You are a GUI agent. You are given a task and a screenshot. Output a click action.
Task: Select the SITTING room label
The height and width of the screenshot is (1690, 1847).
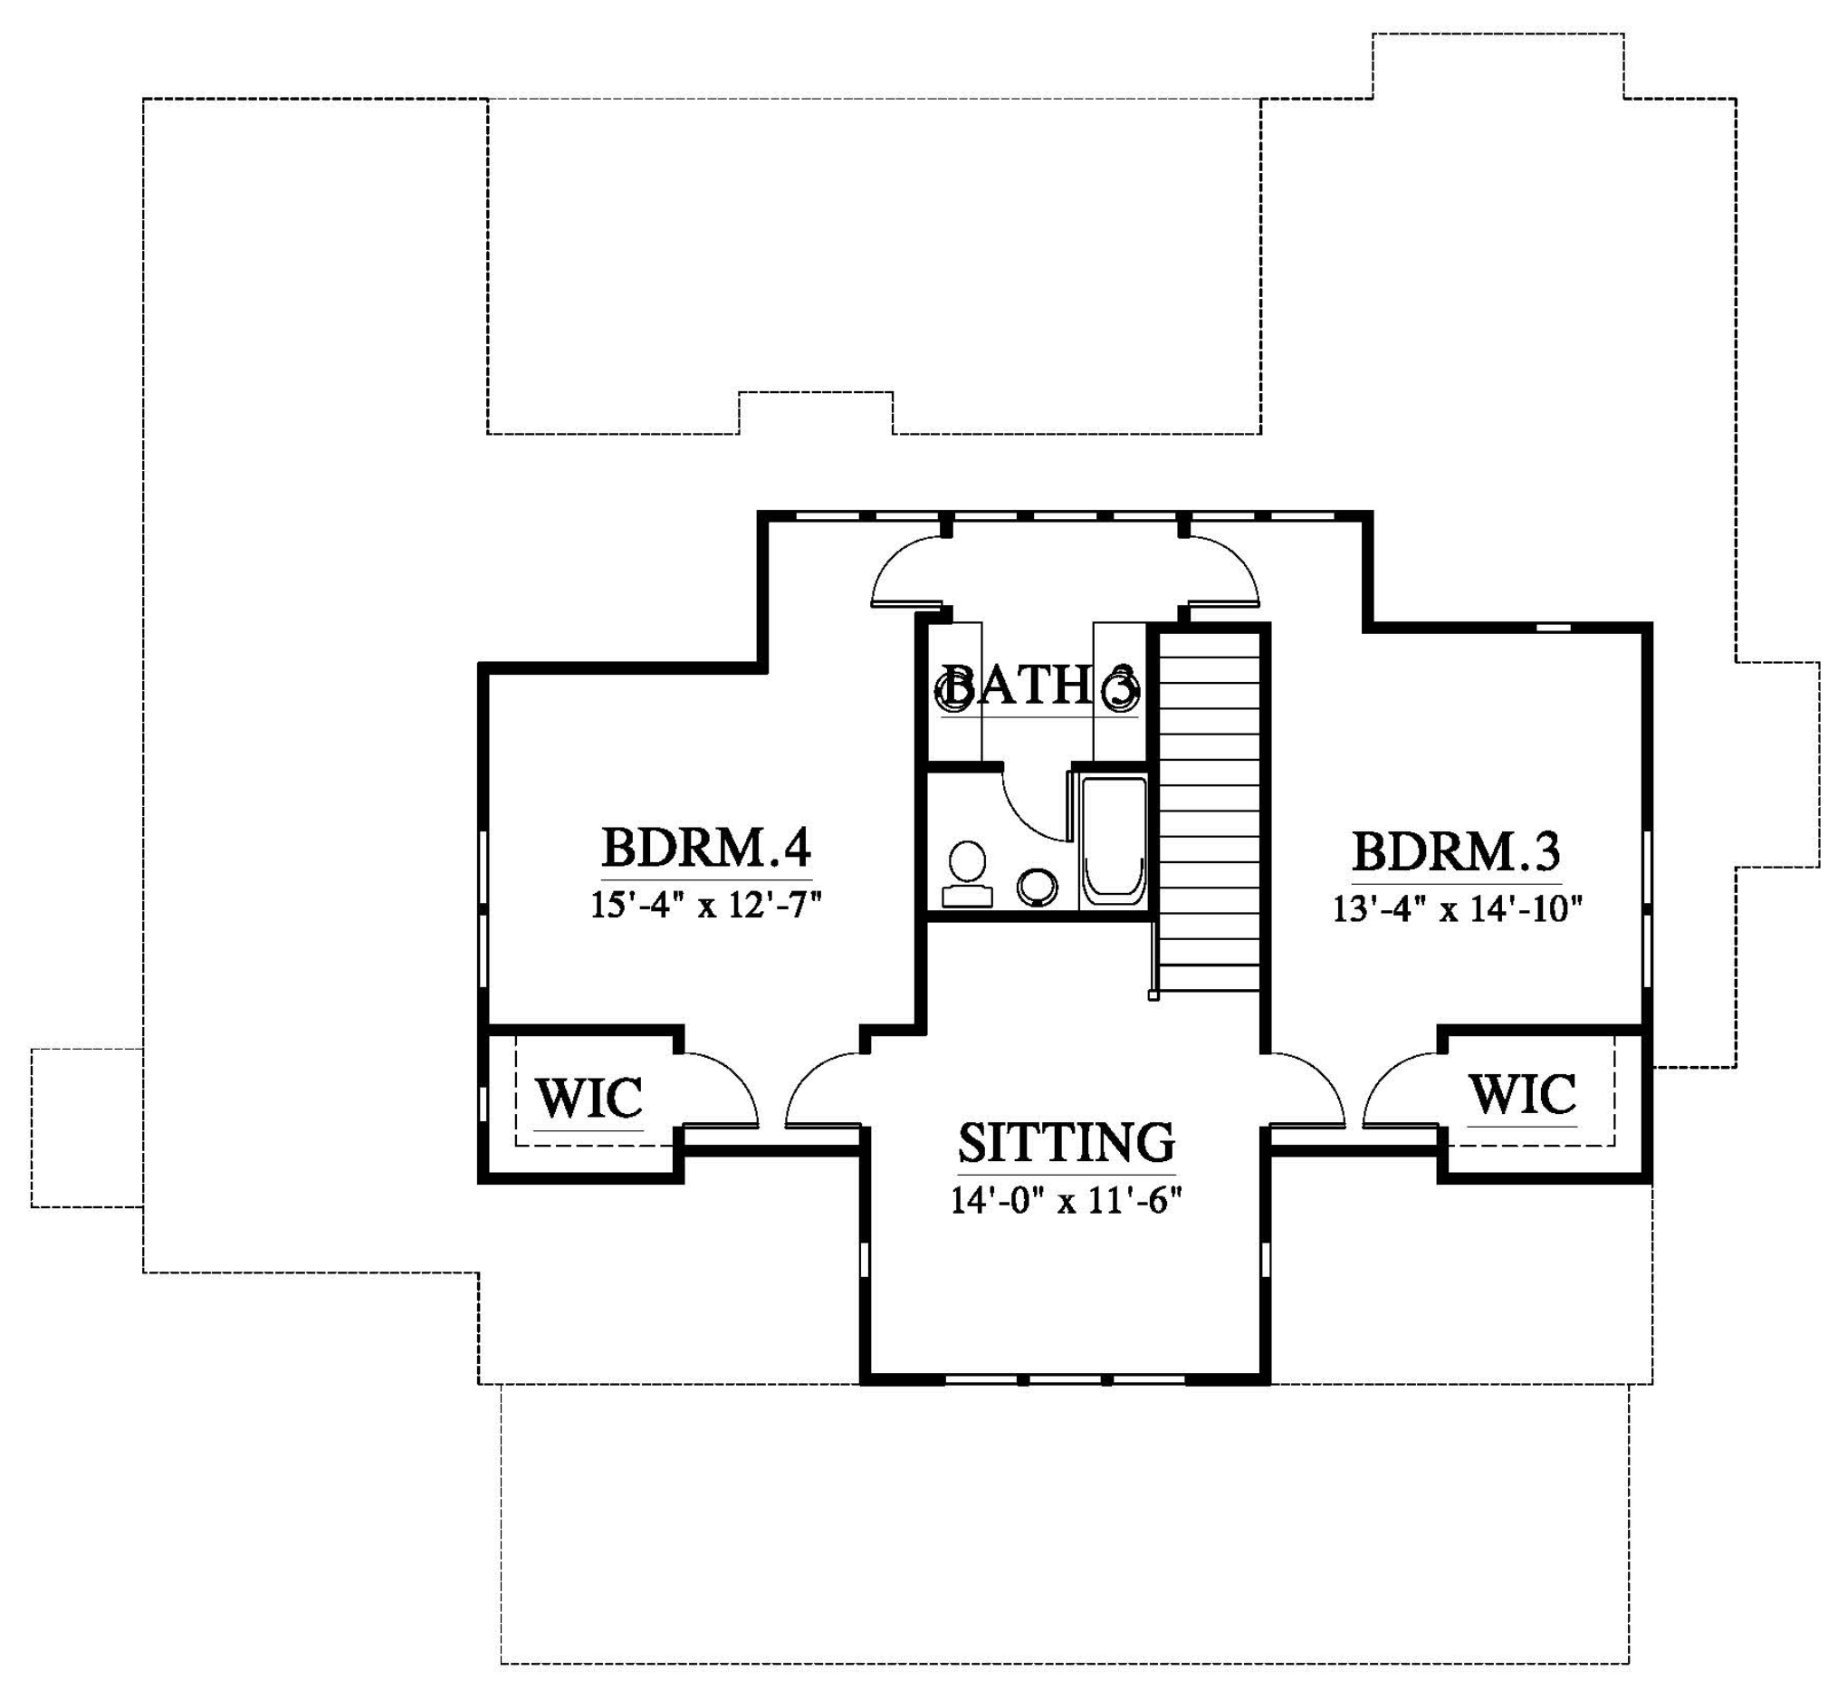point(1067,1142)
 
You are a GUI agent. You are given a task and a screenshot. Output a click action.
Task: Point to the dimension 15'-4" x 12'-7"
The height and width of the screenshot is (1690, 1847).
point(705,906)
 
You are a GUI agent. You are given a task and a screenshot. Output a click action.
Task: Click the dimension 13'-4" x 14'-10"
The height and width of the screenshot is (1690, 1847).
point(1458,909)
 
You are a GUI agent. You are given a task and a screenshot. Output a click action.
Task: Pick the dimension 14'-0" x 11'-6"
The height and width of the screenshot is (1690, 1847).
point(1067,1200)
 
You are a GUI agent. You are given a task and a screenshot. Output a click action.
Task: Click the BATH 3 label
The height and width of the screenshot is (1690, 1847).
point(1039,686)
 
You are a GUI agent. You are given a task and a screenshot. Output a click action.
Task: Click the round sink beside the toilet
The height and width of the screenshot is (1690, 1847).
point(1037,887)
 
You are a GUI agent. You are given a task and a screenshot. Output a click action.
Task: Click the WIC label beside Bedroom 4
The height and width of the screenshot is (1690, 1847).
point(589,1098)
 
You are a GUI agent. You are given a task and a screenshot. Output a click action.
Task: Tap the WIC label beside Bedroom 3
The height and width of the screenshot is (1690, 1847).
point(1523,1094)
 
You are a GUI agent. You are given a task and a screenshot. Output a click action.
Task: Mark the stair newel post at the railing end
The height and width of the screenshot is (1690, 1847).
point(1153,995)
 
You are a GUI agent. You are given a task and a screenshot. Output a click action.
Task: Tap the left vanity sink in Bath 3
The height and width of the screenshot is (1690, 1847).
point(952,692)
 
